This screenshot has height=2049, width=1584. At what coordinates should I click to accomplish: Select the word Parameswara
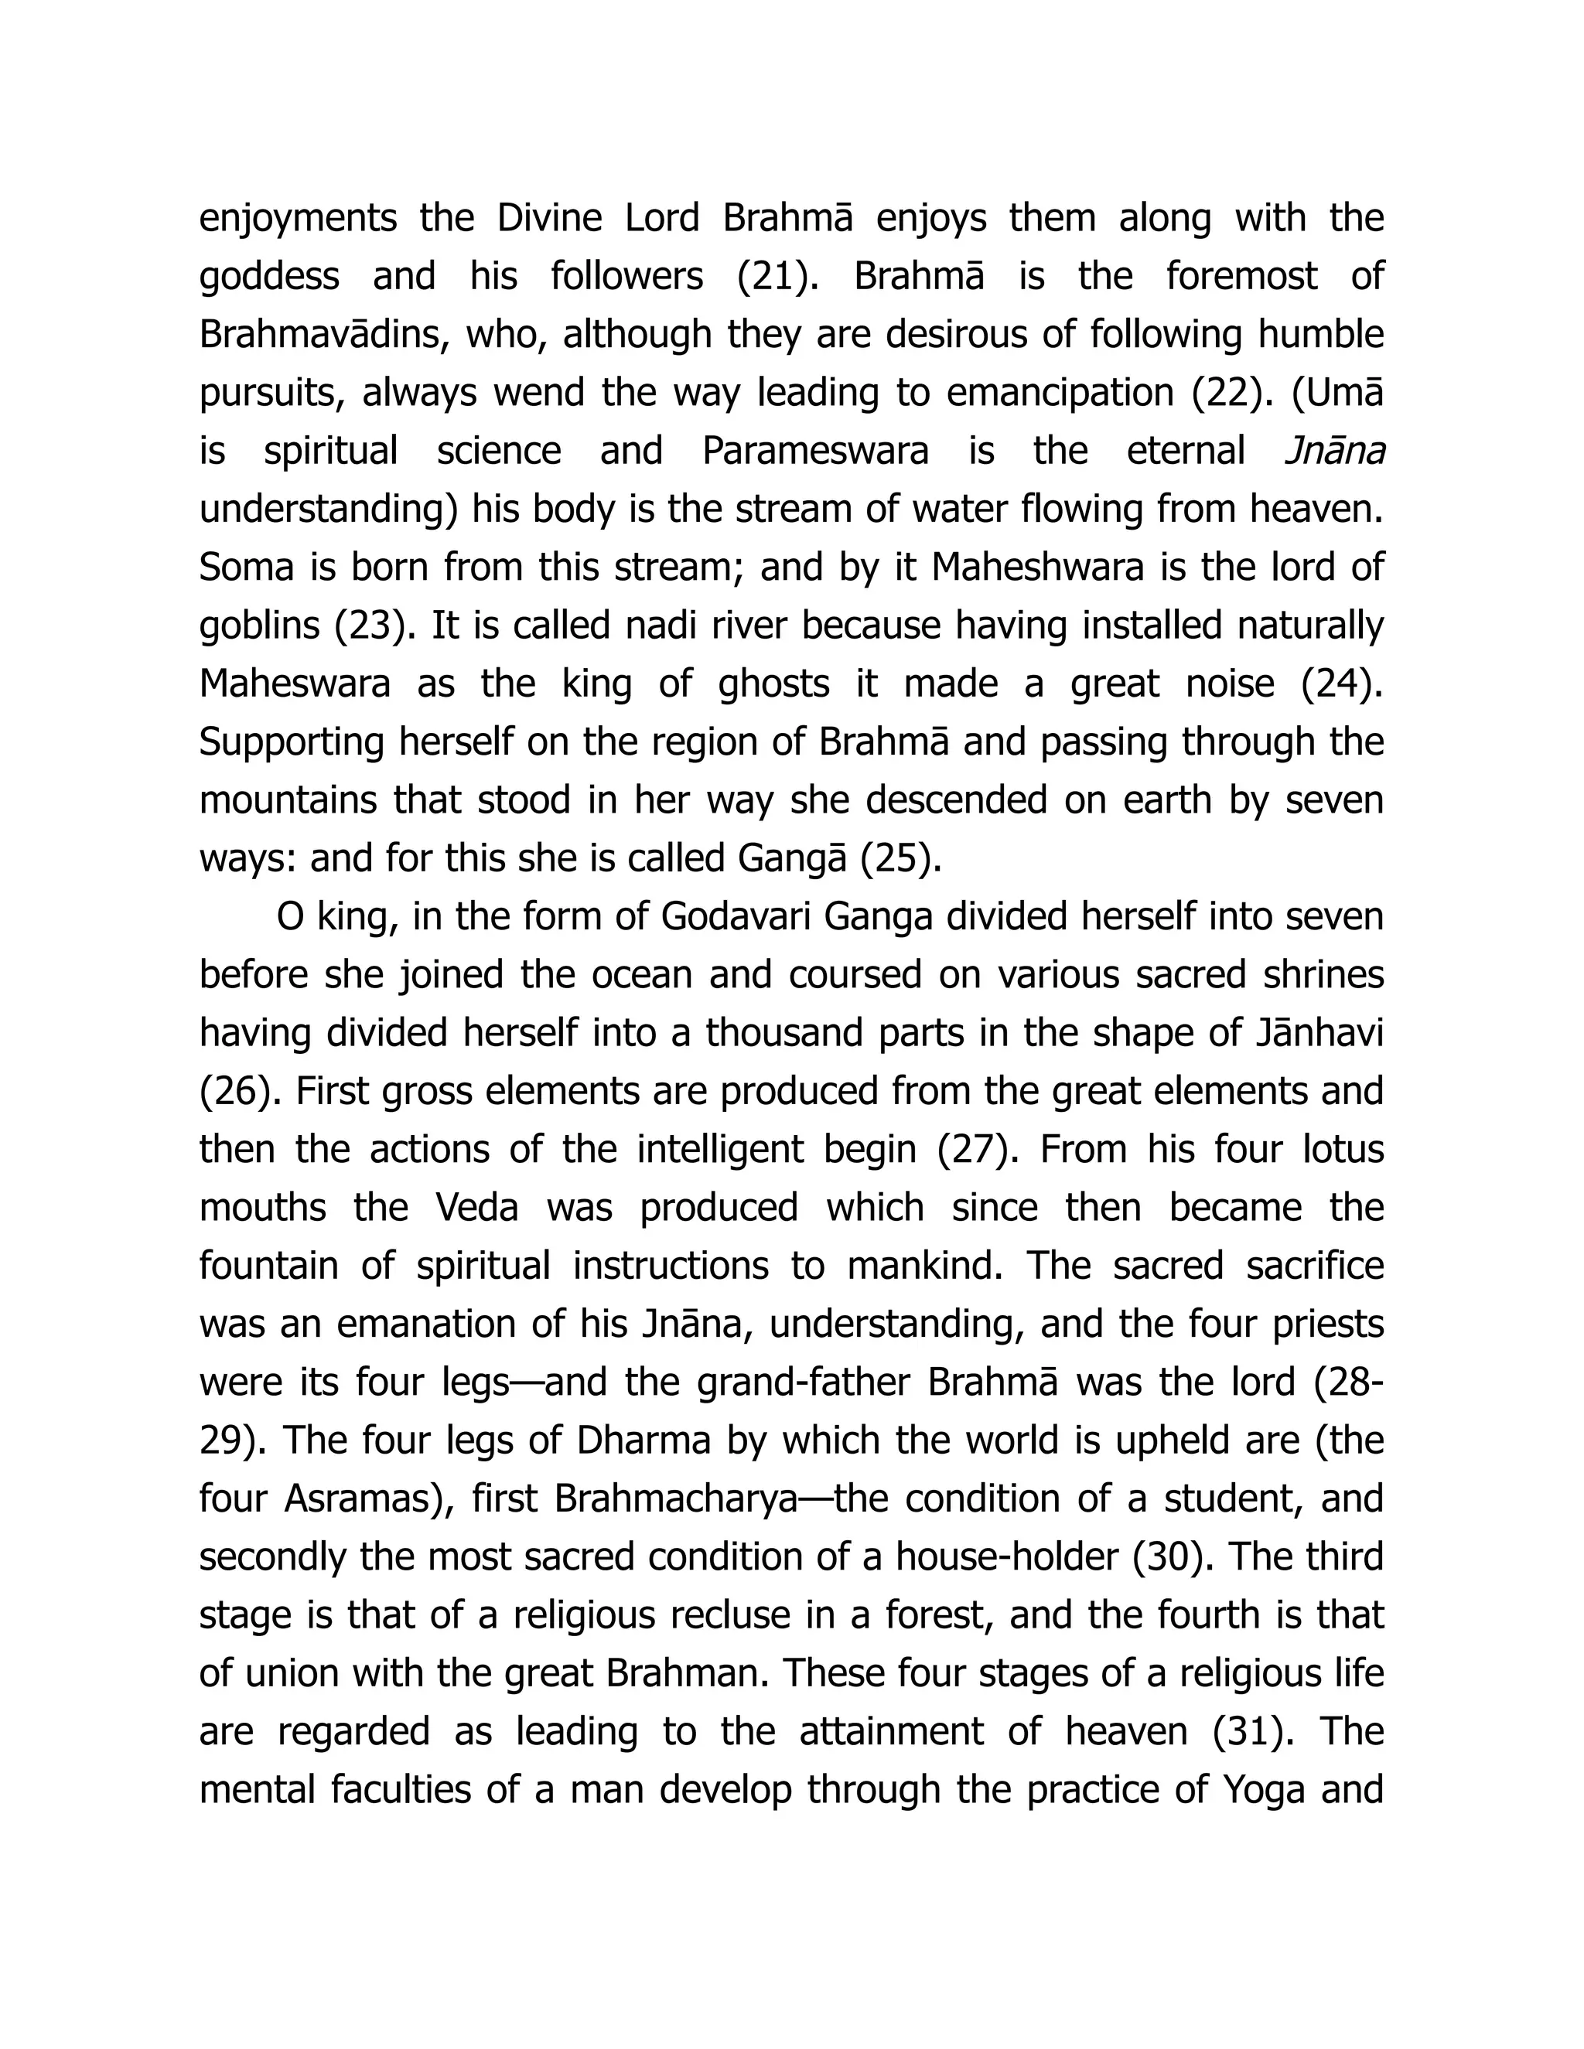(814, 452)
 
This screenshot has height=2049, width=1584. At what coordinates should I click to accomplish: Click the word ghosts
(773, 684)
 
